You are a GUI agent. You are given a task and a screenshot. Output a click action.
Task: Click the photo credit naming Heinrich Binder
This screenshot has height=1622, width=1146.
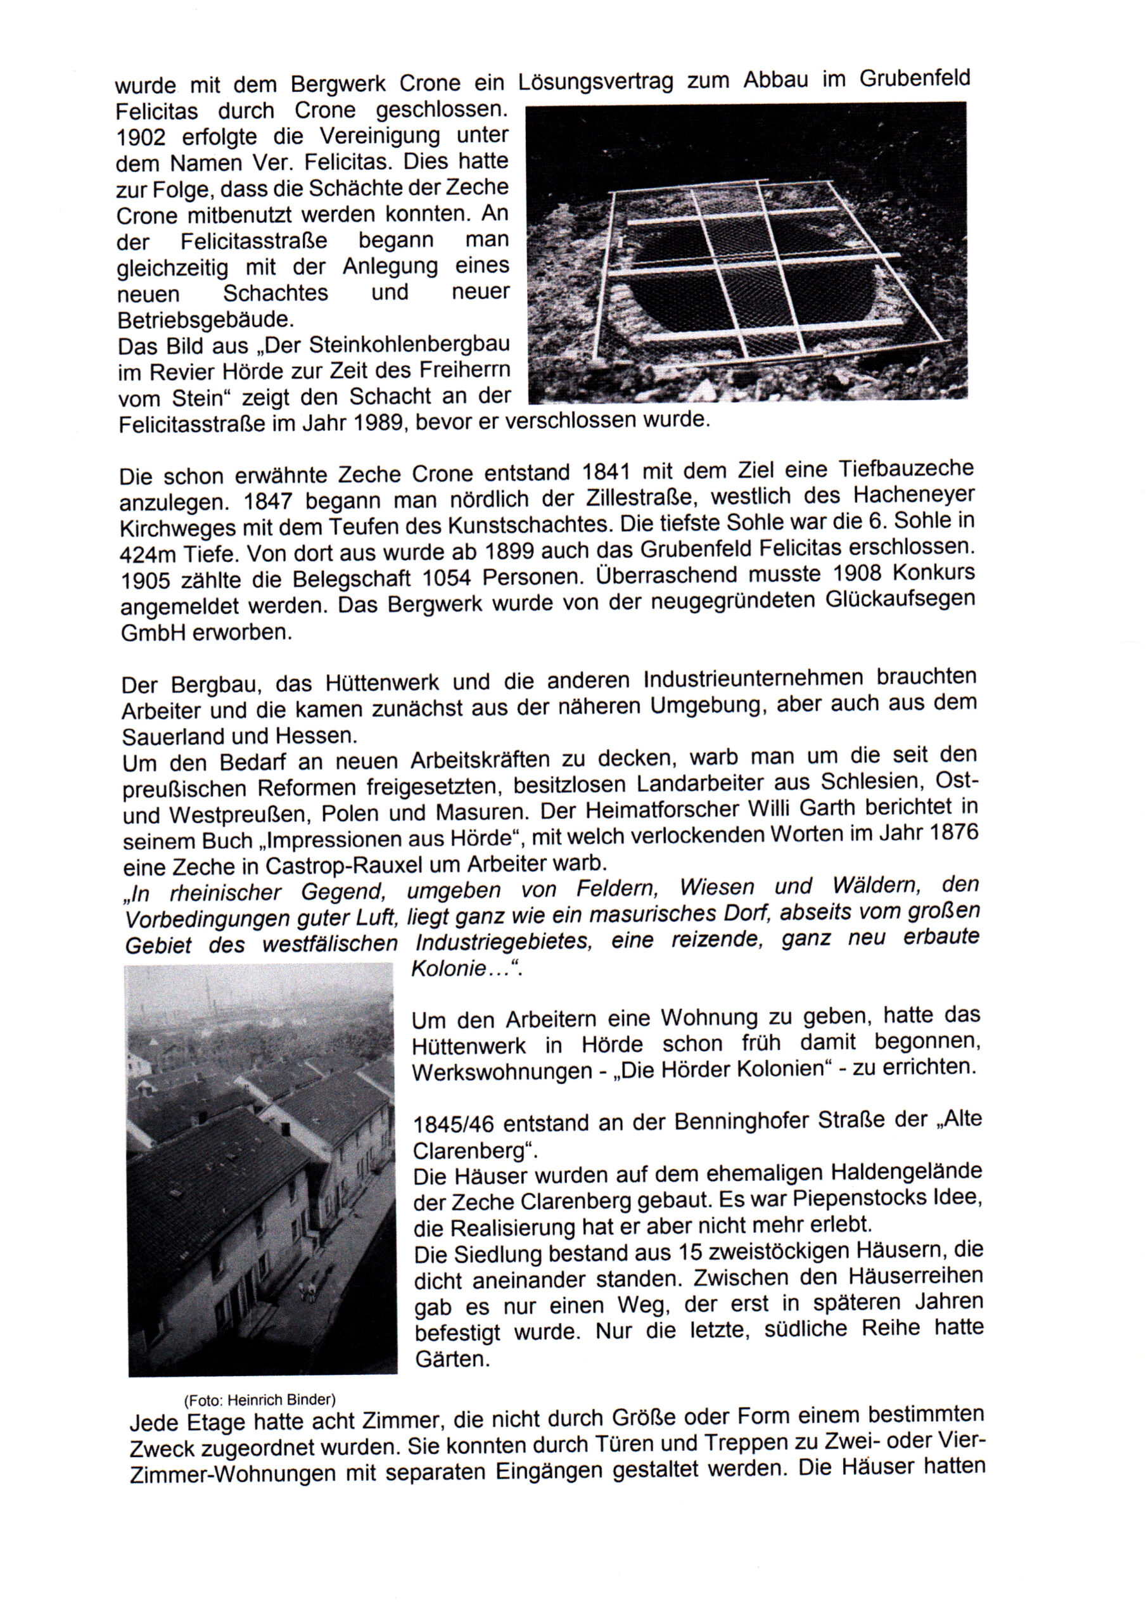click(x=259, y=1400)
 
